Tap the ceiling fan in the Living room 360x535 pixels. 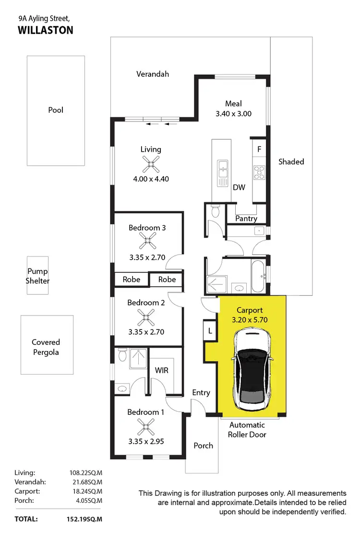point(151,166)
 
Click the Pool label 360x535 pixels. point(56,110)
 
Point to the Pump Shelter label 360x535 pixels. point(38,276)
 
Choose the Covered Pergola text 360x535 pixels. point(46,347)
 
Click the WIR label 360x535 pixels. point(161,371)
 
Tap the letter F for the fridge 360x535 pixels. point(259,149)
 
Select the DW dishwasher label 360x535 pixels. point(239,187)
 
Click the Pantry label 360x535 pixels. point(246,219)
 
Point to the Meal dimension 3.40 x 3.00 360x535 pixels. point(233,114)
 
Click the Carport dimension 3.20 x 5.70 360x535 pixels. point(250,319)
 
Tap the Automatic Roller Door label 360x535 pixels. point(247,429)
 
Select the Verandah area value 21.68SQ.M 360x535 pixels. point(86,482)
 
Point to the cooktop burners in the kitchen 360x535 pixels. point(260,172)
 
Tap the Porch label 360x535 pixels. point(203,446)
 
